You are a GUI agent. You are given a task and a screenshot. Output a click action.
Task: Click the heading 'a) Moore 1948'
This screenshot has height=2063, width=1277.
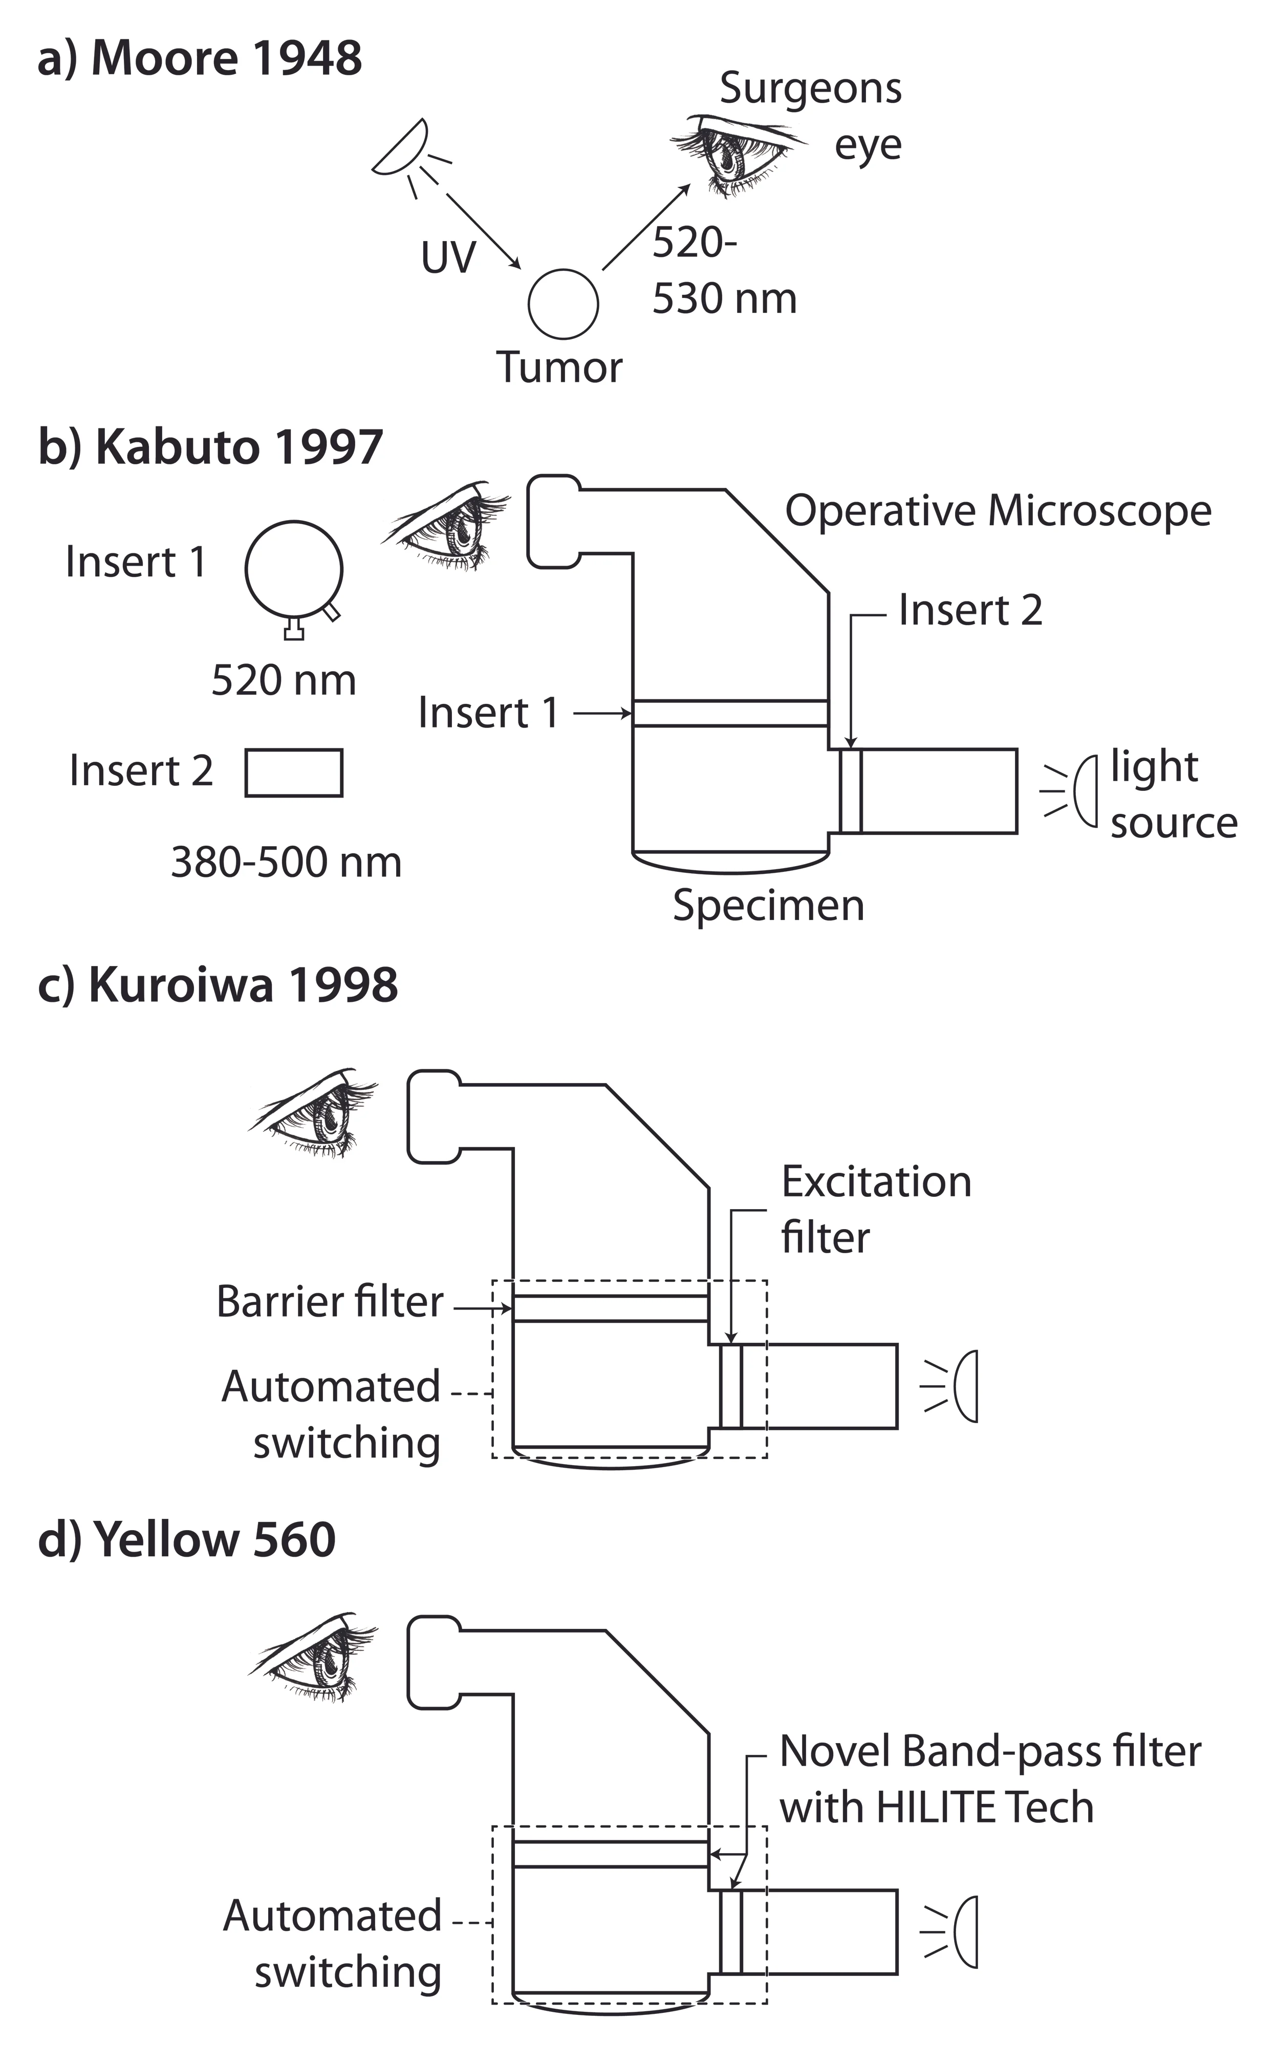pos(200,59)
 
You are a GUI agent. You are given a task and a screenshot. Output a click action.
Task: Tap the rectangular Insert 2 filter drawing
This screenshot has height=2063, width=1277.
pos(294,750)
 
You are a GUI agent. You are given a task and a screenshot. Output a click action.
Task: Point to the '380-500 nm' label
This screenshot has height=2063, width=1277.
pos(286,862)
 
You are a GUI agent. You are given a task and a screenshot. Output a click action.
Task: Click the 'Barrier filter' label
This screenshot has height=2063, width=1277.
pos(330,1301)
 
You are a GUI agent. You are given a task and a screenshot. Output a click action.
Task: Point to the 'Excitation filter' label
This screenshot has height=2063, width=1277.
pos(876,1209)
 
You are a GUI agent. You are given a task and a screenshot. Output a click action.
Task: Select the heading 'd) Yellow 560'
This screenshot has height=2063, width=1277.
pos(187,1539)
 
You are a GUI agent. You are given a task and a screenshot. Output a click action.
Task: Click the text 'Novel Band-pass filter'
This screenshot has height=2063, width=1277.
pos(990,1752)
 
